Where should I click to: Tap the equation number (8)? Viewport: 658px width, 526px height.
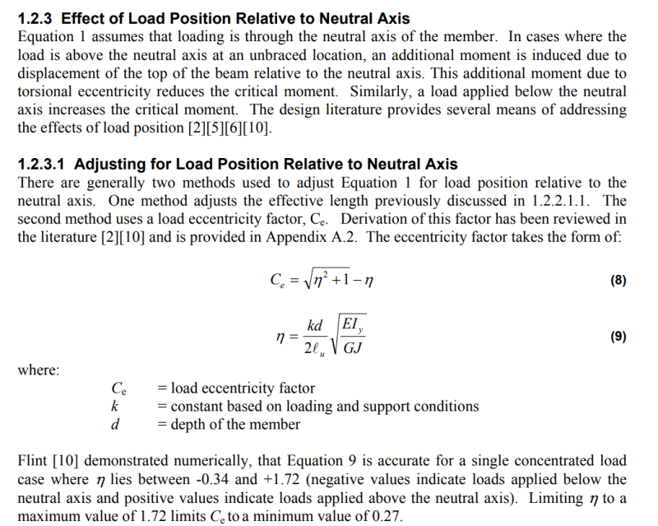(x=619, y=280)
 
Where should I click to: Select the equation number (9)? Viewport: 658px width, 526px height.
(x=619, y=337)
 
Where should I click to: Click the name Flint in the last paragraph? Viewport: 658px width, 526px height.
(x=33, y=461)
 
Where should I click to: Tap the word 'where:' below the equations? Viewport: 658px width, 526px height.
(x=39, y=370)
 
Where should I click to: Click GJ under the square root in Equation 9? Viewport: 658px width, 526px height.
(x=354, y=347)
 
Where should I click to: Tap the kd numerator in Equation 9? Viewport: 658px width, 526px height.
(x=315, y=326)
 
